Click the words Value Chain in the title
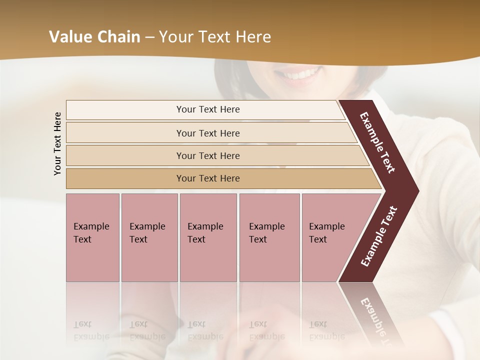coord(94,37)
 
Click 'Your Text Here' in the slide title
coord(215,37)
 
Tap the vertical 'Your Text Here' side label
coord(57,143)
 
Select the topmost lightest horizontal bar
coord(205,109)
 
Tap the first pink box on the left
coord(92,237)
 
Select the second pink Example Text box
coord(149,237)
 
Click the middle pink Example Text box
coord(208,237)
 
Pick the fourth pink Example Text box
coord(269,237)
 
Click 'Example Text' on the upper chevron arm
coord(377,142)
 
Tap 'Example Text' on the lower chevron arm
coord(379,236)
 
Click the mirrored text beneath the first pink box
coord(91,330)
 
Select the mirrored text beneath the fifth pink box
coord(326,330)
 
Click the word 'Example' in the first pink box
coord(91,226)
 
